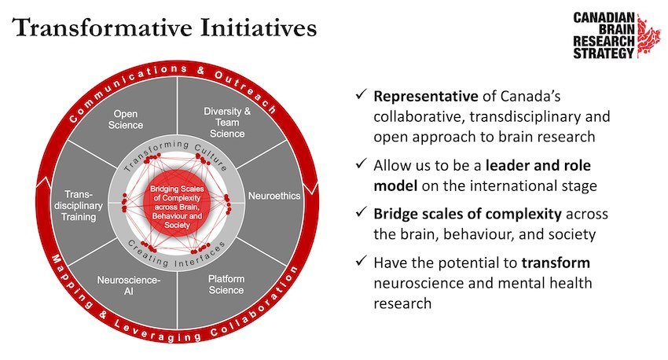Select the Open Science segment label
click(125, 119)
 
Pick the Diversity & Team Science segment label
click(227, 123)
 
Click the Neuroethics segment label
click(274, 196)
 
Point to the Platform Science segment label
click(226, 285)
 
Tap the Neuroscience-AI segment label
click(129, 285)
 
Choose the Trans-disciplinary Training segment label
click(79, 206)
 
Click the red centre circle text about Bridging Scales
click(177, 207)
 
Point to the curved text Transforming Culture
click(175, 153)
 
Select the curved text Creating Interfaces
click(176, 255)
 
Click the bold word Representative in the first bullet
click(426, 96)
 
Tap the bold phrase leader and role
click(538, 165)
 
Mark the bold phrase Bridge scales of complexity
click(468, 214)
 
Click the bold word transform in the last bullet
click(556, 263)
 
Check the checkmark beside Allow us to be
click(362, 163)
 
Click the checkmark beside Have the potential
click(362, 261)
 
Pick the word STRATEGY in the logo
click(604, 53)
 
